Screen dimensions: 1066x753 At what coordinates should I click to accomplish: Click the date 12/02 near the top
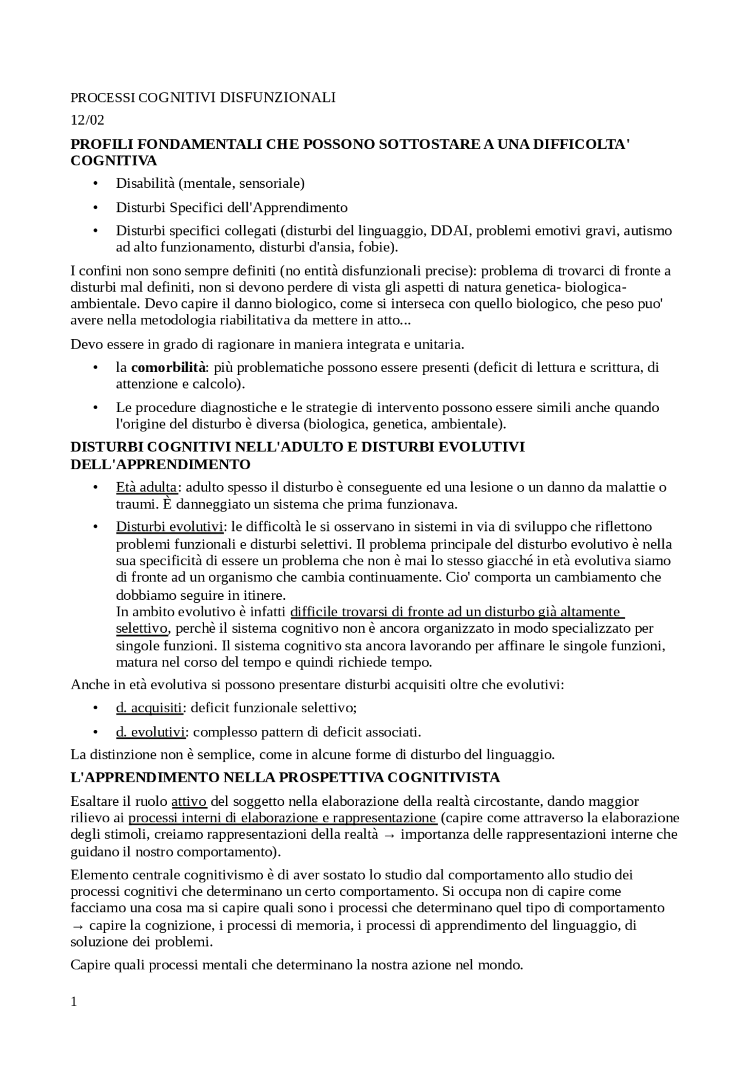87,120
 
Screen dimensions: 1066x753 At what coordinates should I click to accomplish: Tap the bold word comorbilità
168,368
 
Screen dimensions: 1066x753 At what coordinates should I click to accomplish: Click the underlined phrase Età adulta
146,487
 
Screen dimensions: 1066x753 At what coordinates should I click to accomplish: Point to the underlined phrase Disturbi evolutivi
169,526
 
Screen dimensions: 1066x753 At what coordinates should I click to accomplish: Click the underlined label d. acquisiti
149,708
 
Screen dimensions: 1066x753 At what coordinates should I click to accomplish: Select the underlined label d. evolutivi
151,732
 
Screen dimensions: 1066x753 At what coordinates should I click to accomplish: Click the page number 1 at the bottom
74,1002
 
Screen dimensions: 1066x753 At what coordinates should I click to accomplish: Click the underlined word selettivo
142,629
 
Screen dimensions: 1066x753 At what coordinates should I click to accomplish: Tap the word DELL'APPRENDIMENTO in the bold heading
161,464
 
